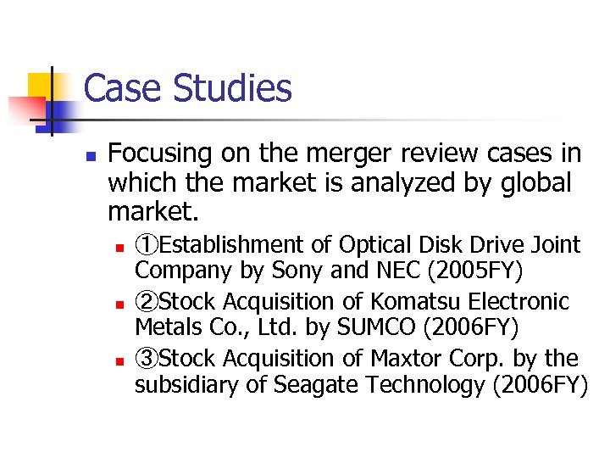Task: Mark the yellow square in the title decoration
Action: click(40, 86)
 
